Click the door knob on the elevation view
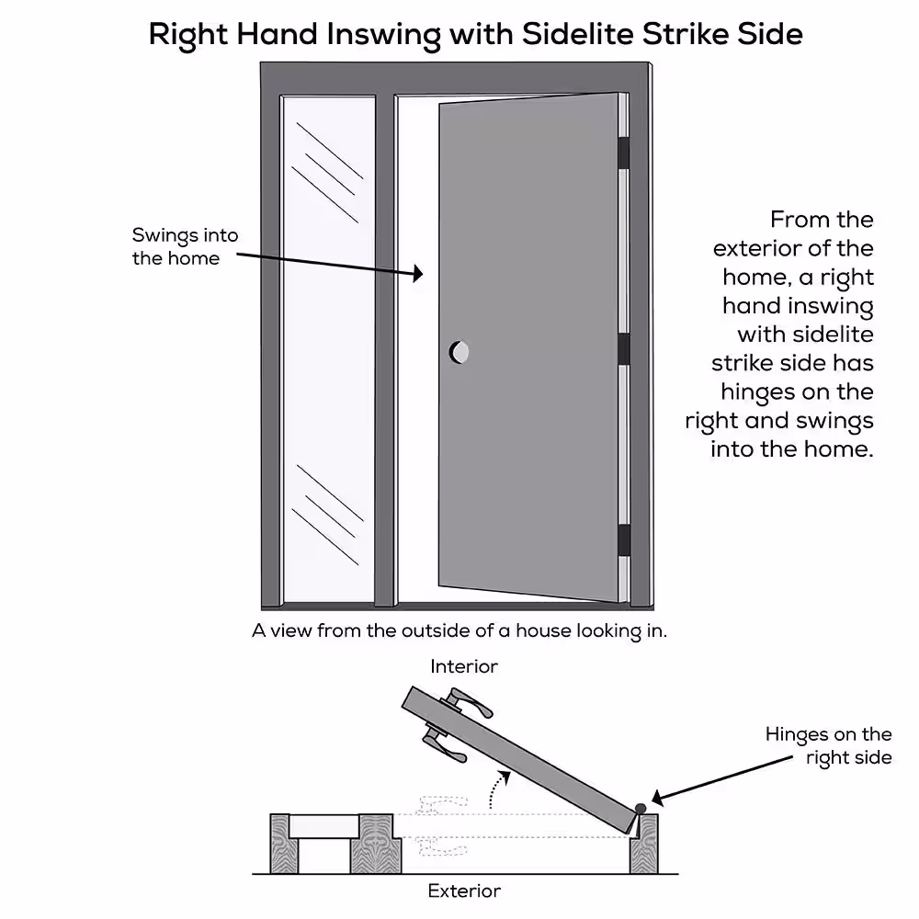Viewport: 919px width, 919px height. coord(459,352)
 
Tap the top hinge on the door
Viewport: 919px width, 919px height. coord(624,153)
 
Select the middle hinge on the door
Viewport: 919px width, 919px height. coord(624,348)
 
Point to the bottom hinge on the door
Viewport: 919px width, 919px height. coord(624,539)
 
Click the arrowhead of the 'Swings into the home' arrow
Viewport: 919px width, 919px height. coord(418,273)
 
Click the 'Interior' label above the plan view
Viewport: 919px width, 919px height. coord(463,666)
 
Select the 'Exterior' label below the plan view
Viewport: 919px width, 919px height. coord(464,891)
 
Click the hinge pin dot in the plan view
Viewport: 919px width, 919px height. coord(641,809)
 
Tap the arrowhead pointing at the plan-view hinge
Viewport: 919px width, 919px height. coord(658,798)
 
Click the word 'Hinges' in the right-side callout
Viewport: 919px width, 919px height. coord(797,735)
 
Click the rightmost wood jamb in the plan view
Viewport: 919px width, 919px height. coord(644,844)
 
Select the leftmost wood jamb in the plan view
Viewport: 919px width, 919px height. coord(280,844)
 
